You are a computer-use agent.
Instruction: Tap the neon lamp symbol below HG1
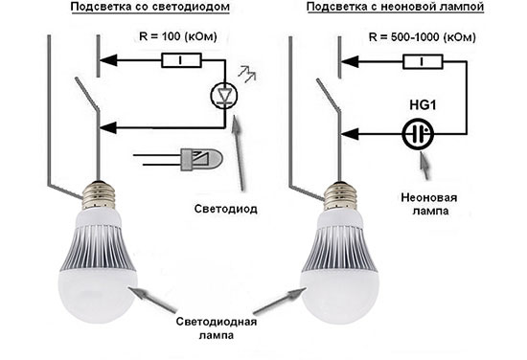tap(414, 134)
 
